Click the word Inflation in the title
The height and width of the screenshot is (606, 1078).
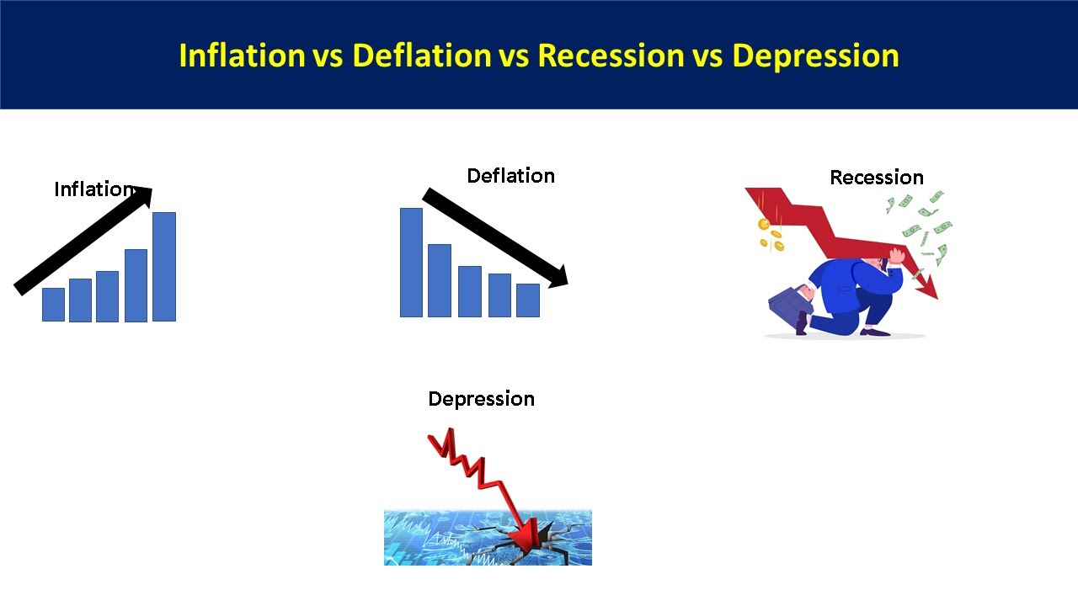240,56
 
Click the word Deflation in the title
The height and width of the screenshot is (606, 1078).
421,56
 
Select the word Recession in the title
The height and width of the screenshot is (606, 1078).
611,56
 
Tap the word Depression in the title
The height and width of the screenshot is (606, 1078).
815,56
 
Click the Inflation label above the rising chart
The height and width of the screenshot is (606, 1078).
93,189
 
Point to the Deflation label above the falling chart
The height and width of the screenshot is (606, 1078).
510,176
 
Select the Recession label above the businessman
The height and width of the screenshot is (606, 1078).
876,178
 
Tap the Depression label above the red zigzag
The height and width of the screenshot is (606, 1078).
481,399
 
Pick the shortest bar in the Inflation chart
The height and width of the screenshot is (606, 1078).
53,304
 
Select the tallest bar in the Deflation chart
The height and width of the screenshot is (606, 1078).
411,262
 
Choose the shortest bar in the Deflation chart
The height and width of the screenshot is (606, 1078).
527,300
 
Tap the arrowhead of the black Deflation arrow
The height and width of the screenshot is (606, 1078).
558,275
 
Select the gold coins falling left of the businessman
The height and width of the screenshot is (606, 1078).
769,234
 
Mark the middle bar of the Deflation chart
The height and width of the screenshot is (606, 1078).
469,291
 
